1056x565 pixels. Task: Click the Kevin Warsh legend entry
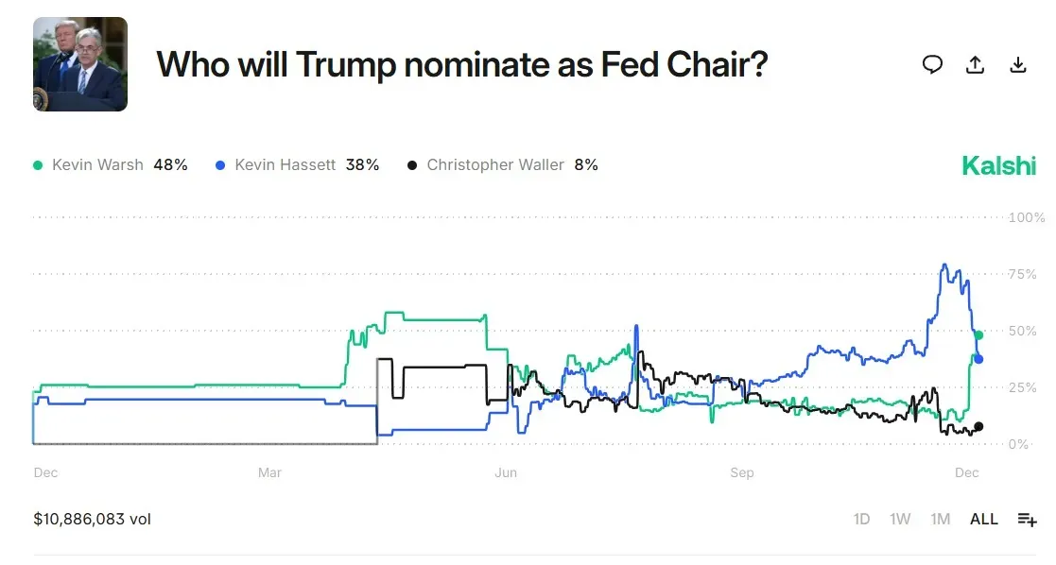coord(97,165)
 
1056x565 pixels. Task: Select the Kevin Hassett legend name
coord(285,165)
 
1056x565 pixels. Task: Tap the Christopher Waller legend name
coord(494,165)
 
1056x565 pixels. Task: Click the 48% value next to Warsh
coord(170,165)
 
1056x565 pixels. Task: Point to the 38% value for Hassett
coord(362,165)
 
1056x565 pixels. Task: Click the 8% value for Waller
coord(586,165)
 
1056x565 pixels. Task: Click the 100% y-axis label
coord(1027,218)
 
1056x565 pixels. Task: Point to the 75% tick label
coord(1024,275)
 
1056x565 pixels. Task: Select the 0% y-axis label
coord(1019,444)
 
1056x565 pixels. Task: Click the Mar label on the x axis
coord(269,472)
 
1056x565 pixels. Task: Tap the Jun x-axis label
coord(506,472)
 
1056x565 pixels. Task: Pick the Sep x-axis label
coord(742,472)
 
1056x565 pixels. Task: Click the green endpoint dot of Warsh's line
coord(978,335)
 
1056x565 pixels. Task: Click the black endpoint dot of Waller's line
coord(978,426)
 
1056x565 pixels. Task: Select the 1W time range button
coord(900,520)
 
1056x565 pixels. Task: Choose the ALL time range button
coord(984,520)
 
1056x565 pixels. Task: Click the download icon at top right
coord(1018,64)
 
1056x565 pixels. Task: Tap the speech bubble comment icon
coord(932,64)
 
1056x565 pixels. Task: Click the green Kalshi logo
coord(998,166)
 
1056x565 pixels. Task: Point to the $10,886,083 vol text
coord(92,520)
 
